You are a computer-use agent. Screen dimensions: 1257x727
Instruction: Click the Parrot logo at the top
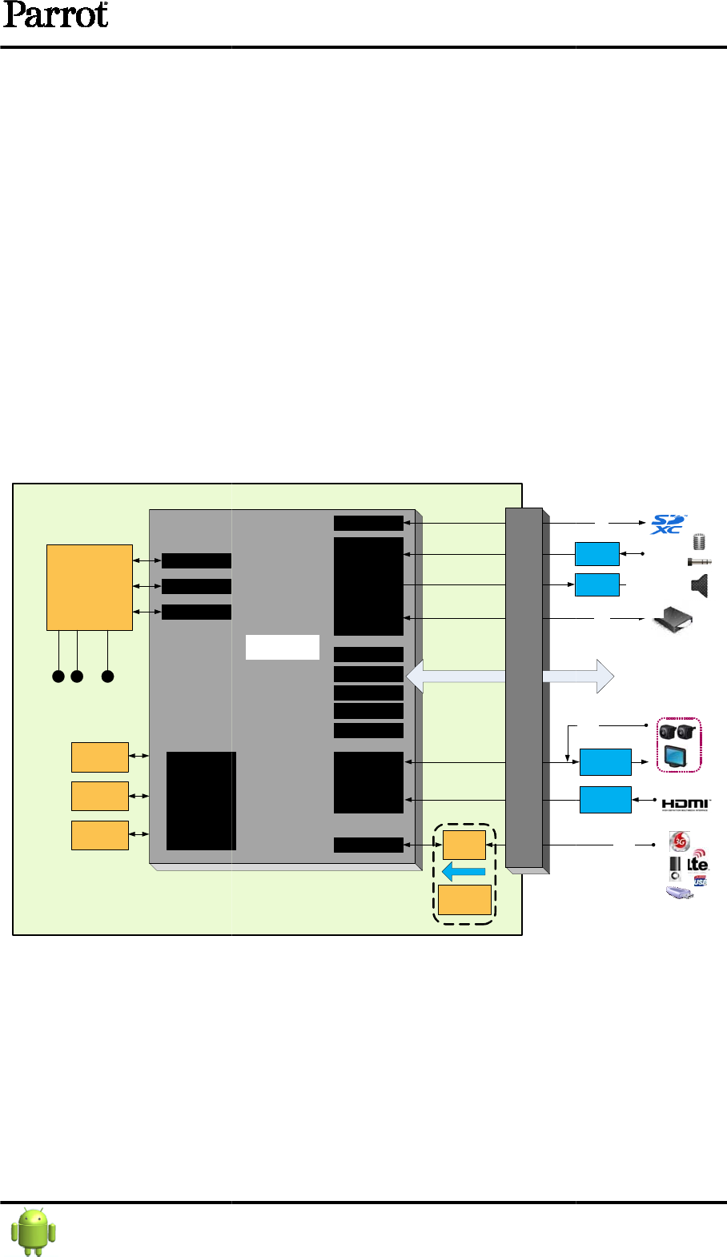tap(54, 16)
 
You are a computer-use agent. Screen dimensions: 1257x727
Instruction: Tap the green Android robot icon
tap(34, 1231)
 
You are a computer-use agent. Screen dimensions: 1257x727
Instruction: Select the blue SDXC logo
tap(668, 524)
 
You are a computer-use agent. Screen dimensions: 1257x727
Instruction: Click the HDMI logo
tap(685, 804)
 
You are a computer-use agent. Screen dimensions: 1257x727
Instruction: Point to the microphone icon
tap(699, 542)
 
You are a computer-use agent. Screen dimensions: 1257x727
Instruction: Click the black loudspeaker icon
tap(700, 587)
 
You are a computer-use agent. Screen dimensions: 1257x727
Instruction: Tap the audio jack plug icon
tap(699, 562)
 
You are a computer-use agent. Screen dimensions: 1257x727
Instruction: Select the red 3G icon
tap(679, 841)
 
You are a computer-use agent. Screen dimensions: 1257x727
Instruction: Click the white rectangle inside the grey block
tap(282, 647)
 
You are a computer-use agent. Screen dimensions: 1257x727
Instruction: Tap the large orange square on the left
tap(89, 587)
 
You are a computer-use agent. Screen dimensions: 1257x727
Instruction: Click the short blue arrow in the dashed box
tap(464, 871)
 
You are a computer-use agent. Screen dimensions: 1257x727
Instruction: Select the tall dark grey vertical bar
tap(524, 689)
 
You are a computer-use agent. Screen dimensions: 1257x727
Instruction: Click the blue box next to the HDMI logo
tap(604, 800)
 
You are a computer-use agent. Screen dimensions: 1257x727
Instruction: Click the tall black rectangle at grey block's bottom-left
tap(201, 801)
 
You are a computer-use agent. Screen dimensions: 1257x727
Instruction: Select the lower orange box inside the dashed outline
tap(464, 900)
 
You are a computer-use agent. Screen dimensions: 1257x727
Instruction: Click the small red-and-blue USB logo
tap(701, 881)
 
